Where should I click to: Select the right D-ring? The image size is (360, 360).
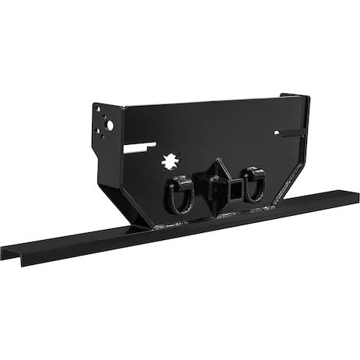253,189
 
